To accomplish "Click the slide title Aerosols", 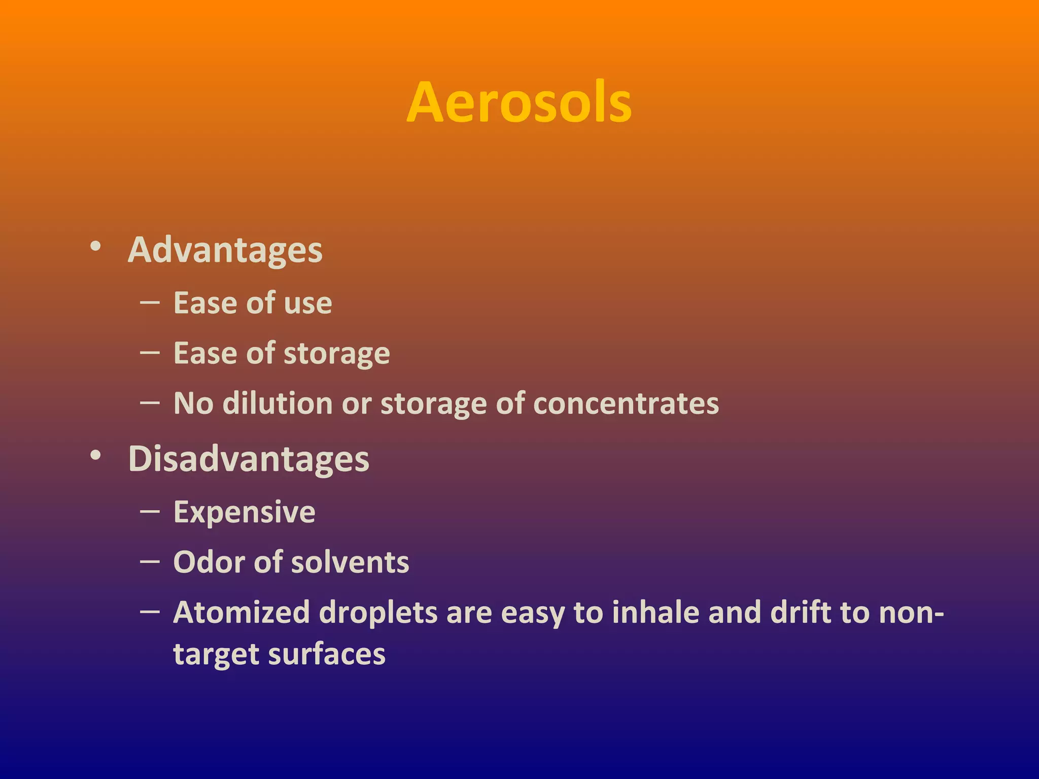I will click(x=519, y=103).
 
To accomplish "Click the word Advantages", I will click(x=225, y=250).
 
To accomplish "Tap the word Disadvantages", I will click(x=249, y=459).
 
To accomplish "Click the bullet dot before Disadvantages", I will click(x=95, y=455).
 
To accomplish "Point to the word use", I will click(x=308, y=303).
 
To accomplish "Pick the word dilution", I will click(x=277, y=404).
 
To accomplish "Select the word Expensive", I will click(x=244, y=512).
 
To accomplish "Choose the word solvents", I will click(x=350, y=562).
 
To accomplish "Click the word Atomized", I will click(x=241, y=613).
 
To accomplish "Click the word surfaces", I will click(x=327, y=654).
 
